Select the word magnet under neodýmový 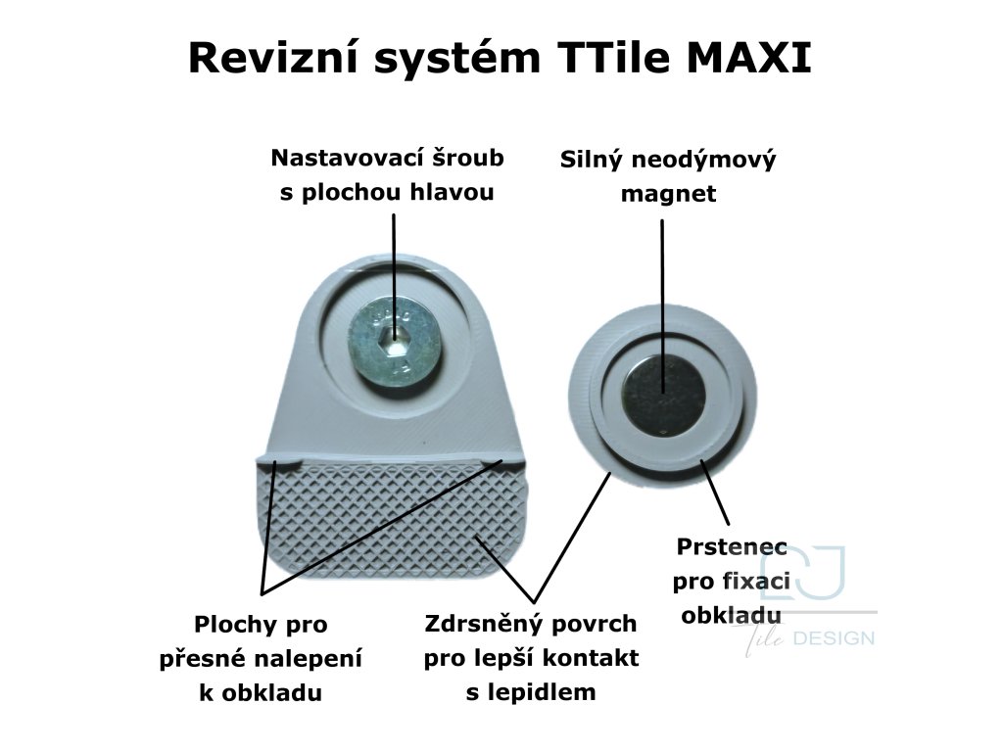[668, 194]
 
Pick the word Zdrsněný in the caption [480, 624]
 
